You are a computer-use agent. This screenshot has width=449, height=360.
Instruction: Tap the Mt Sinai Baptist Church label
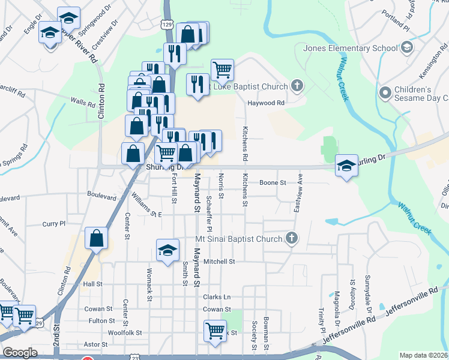tap(239, 239)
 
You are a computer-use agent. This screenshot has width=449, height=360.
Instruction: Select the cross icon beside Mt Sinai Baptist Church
tap(292, 239)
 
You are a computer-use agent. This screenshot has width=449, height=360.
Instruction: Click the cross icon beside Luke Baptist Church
tap(296, 85)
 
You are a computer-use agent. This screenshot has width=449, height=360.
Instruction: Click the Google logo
tap(20, 353)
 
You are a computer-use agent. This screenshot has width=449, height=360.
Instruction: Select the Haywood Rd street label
tap(266, 103)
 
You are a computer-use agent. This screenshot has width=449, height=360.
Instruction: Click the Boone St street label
tap(273, 182)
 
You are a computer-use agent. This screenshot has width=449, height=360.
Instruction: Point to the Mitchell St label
tap(218, 262)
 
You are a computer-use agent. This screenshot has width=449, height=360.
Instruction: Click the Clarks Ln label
tap(217, 297)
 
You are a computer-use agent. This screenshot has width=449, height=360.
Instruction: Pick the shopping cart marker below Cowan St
tap(214, 330)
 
